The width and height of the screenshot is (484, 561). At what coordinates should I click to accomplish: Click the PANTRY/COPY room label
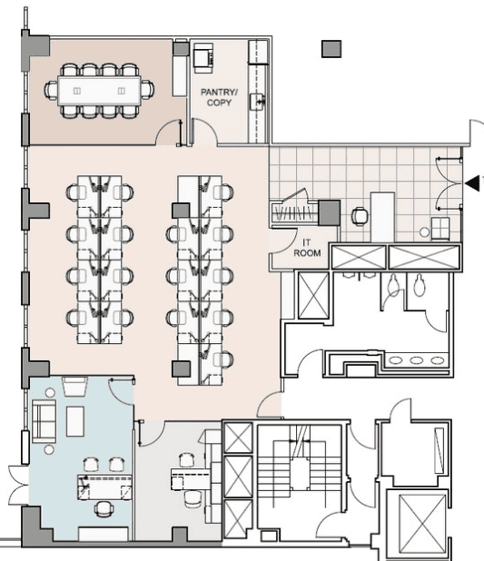click(219, 97)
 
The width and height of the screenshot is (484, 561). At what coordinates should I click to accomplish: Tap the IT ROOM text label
click(307, 248)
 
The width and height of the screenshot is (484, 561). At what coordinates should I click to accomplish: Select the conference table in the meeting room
click(99, 91)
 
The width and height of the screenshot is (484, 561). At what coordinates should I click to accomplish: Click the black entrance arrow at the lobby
click(472, 183)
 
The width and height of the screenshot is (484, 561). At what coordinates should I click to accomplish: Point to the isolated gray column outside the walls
click(331, 49)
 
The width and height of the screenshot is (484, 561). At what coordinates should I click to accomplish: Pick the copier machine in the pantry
click(203, 58)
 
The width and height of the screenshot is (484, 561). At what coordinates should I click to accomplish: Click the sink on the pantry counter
click(257, 102)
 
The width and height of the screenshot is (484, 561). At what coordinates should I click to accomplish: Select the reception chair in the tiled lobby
click(360, 216)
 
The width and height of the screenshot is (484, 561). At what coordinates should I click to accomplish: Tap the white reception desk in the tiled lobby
click(382, 217)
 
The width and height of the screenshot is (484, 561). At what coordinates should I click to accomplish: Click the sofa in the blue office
click(44, 421)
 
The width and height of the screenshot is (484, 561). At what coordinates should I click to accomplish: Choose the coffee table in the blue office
click(75, 421)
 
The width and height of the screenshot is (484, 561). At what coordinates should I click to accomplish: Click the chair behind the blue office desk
click(104, 509)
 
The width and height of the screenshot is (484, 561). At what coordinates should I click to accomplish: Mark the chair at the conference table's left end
click(51, 90)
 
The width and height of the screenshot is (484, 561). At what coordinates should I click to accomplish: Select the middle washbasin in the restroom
click(416, 360)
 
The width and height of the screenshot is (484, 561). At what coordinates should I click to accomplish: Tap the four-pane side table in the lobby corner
click(440, 228)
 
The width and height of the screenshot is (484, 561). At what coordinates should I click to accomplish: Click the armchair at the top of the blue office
click(74, 386)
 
